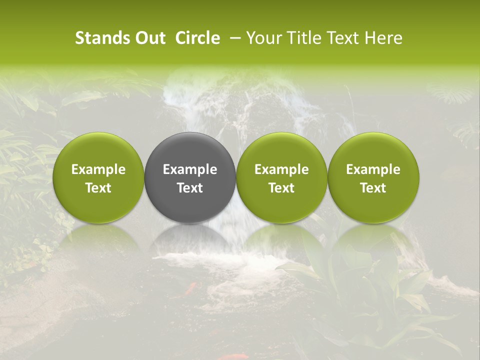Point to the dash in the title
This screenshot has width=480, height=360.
235,38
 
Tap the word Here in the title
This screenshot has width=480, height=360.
382,38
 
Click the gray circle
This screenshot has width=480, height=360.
190,150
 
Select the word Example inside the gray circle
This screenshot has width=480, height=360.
190,169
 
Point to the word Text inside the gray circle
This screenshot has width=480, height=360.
190,188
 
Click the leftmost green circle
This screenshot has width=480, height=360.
98,150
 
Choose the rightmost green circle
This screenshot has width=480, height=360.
373,150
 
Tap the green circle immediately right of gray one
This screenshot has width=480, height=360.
281,150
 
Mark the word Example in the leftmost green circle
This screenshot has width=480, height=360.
98,169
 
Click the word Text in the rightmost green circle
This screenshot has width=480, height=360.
373,188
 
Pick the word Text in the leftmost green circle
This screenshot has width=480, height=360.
98,188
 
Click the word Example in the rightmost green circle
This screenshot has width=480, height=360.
373,169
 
